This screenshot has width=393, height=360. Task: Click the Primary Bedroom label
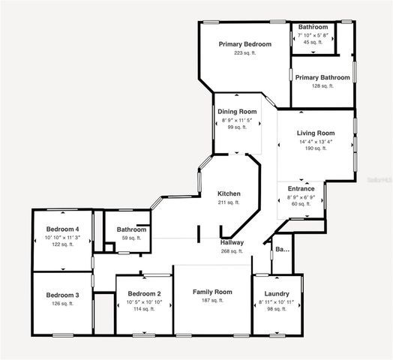pos(244,44)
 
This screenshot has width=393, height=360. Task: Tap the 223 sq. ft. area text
pos(244,53)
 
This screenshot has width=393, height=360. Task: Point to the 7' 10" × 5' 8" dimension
pos(313,35)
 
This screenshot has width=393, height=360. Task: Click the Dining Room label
pos(237,112)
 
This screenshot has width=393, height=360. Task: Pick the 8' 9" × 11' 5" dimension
pos(237,120)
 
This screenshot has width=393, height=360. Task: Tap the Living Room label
pos(316,133)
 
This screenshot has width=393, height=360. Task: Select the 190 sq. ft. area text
pos(316,148)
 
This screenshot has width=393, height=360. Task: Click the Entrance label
pos(300,189)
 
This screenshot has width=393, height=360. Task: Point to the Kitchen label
pos(229,193)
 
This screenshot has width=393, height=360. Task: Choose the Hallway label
pos(232,242)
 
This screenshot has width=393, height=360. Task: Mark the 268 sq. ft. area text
pos(232,251)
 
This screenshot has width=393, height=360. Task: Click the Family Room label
pos(212,291)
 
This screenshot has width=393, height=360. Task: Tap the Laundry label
pos(277,294)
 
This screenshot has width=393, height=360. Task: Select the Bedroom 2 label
pos(145,293)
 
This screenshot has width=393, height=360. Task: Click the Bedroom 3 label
pos(61,295)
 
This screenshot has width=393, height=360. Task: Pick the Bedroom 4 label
pos(62,229)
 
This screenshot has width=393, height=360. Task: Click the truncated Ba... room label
pos(282,249)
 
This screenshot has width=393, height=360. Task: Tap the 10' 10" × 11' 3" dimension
pos(62,237)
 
